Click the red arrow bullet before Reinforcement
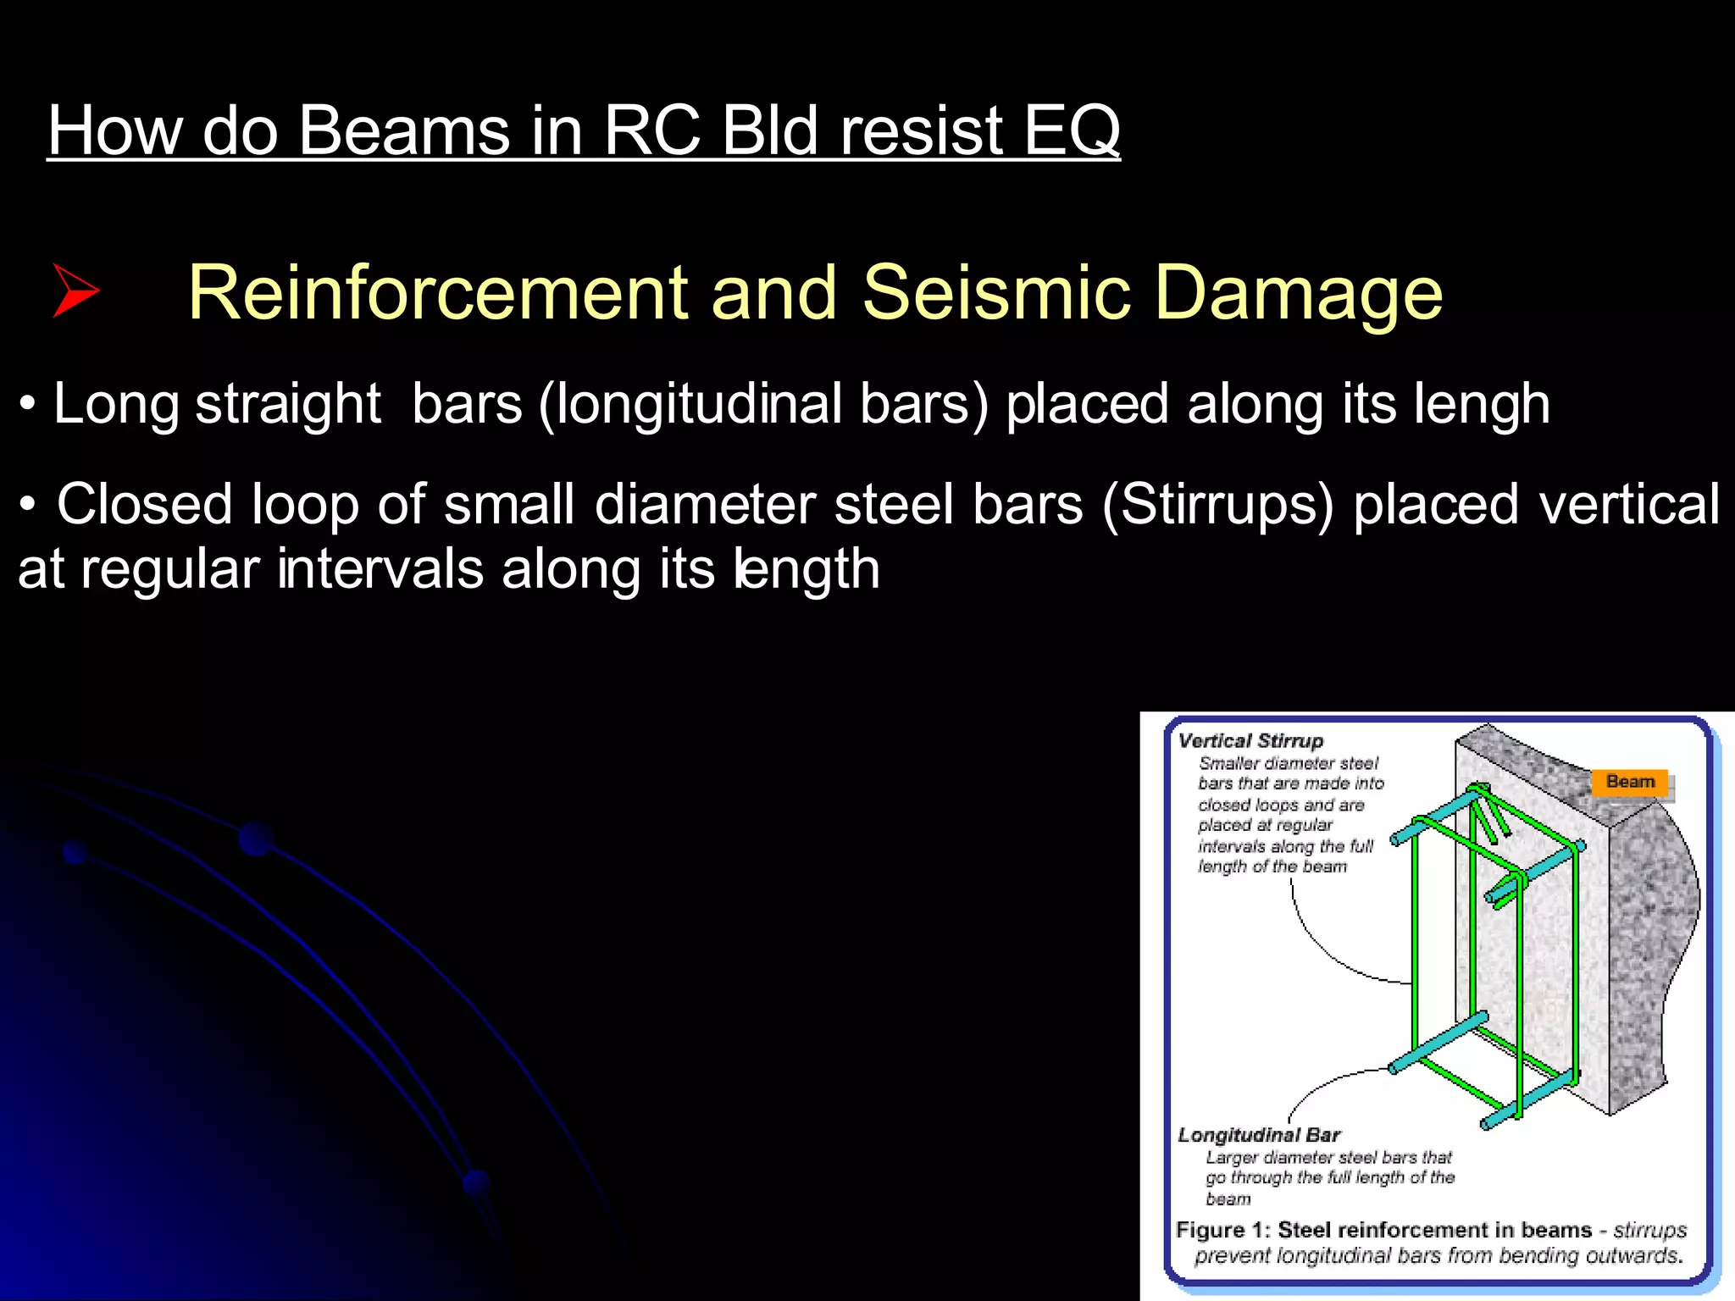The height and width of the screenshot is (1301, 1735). (75, 291)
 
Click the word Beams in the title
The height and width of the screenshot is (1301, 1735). (403, 130)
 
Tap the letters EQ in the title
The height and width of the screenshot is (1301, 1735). (1072, 130)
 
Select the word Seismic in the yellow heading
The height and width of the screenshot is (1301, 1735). (996, 292)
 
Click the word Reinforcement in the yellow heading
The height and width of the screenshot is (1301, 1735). (437, 292)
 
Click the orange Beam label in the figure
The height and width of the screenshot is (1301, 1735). (1630, 782)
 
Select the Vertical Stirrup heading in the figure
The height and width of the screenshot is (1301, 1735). (1250, 741)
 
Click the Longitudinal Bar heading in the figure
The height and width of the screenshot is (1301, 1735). (1259, 1135)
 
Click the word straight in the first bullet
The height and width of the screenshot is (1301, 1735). (288, 404)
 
